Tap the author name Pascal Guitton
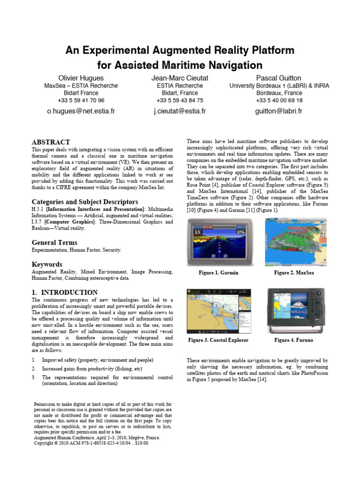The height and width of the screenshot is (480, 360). pyautogui.click(x=279, y=78)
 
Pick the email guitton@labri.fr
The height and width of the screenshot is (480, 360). pyautogui.click(x=279, y=111)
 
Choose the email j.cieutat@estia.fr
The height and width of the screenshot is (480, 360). pyautogui.click(x=180, y=111)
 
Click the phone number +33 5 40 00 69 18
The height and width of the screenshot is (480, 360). pyautogui.click(x=279, y=100)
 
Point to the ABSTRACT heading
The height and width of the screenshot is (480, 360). pyautogui.click(x=51, y=142)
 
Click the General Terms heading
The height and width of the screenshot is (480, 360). pyautogui.click(x=54, y=242)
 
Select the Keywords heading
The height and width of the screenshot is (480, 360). pyautogui.click(x=47, y=264)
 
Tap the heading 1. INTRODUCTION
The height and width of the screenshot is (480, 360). pyautogui.click(x=64, y=292)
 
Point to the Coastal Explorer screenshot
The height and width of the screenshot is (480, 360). pyautogui.click(x=218, y=310)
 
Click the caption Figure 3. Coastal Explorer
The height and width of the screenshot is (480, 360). pyautogui.click(x=218, y=340)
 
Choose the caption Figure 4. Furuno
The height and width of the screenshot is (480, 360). pyautogui.click(x=294, y=340)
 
